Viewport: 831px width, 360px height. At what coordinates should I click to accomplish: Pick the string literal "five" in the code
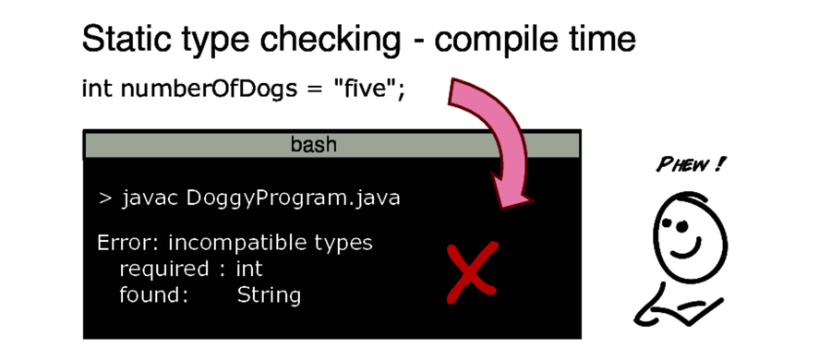coord(366,89)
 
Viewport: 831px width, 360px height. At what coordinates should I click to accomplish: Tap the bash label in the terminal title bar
coord(314,145)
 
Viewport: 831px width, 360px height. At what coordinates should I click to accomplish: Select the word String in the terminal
coord(269,296)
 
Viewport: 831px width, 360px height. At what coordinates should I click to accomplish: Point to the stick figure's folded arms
coord(683,305)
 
